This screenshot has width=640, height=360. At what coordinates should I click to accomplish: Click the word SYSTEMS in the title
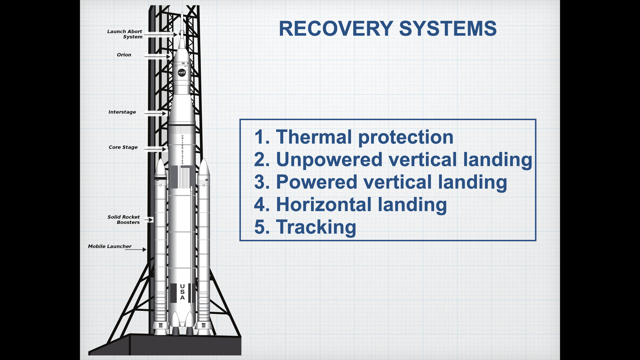[x=448, y=29]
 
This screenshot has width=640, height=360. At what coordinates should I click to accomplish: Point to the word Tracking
[x=316, y=227]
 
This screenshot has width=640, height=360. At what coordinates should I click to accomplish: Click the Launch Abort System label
[x=125, y=34]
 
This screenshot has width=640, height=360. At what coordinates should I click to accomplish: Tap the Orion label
[x=124, y=55]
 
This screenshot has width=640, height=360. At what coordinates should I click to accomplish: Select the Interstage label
[x=122, y=112]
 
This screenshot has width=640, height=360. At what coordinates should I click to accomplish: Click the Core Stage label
[x=123, y=147]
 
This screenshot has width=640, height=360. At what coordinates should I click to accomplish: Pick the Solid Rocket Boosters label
[x=124, y=220]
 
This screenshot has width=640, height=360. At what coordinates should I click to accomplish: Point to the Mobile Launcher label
[x=110, y=246]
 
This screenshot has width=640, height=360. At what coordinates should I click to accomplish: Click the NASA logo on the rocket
[x=182, y=73]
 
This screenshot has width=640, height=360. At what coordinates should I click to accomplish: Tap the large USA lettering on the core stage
[x=182, y=292]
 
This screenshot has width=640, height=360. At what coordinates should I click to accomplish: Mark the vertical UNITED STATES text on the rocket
[x=183, y=150]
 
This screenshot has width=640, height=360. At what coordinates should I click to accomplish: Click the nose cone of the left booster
[x=161, y=168]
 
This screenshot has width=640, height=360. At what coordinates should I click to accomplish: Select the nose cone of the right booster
[x=204, y=168]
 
